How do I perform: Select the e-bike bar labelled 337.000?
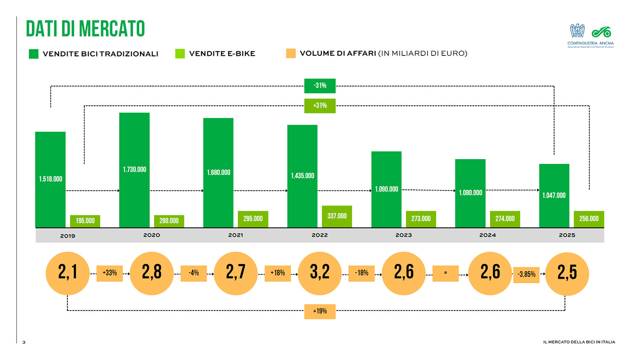click(337, 216)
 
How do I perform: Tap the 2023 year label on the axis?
click(404, 235)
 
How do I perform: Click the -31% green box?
click(320, 86)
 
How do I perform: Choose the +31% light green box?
click(320, 106)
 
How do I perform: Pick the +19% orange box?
click(320, 311)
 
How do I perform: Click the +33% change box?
click(110, 273)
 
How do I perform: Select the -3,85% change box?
click(527, 274)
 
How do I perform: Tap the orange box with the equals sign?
click(445, 273)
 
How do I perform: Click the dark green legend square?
click(34, 54)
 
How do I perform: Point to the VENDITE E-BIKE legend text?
click(222, 54)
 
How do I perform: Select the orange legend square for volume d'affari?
click(291, 53)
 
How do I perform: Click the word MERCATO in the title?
click(112, 29)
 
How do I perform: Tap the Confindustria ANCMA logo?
click(591, 35)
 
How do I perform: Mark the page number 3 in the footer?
click(24, 342)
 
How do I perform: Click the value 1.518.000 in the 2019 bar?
click(50, 179)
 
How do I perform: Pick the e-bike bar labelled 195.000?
click(85, 221)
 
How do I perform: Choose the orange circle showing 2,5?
click(567, 273)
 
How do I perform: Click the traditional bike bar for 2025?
click(554, 195)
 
